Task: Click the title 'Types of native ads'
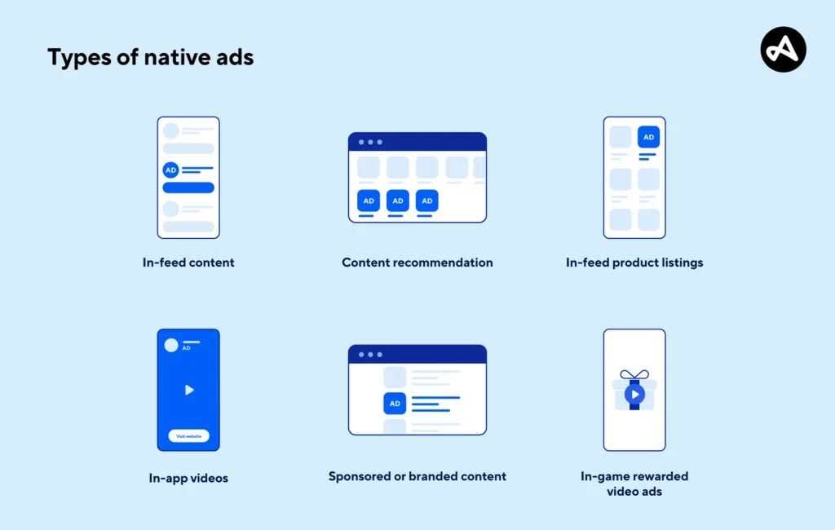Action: [150, 57]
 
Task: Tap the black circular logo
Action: [783, 50]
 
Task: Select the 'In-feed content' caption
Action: [188, 263]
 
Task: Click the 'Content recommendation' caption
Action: [417, 263]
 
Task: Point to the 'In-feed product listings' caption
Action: [634, 263]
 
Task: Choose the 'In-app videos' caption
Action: [188, 478]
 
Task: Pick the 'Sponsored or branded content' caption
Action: [417, 476]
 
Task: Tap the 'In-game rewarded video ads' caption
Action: [634, 484]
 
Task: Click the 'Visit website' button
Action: [188, 436]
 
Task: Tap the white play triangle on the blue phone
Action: [189, 390]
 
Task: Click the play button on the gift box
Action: [634, 395]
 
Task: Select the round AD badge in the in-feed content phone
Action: [170, 170]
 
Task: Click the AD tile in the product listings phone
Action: [648, 137]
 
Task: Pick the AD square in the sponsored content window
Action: [395, 404]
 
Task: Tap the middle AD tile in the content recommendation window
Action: [398, 201]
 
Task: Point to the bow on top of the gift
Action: [634, 375]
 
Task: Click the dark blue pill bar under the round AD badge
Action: [188, 188]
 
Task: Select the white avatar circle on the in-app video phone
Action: [171, 345]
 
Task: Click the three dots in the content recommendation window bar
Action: [370, 142]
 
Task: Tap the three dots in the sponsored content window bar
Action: [370, 354]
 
